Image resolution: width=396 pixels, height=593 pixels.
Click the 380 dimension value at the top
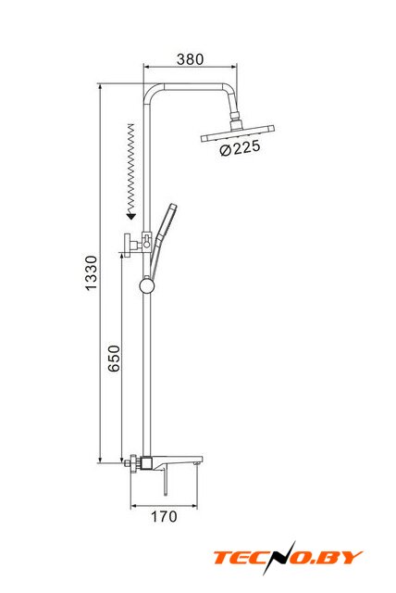[190, 59]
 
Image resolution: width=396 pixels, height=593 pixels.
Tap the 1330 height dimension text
[91, 272]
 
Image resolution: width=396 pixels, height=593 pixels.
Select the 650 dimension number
[114, 359]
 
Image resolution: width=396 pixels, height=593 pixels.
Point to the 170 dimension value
[164, 516]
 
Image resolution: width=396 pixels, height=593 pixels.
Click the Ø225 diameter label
[240, 148]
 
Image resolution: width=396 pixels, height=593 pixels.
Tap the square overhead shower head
[237, 133]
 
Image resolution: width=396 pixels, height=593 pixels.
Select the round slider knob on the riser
[147, 285]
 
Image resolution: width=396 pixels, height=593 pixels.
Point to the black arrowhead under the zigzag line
[130, 216]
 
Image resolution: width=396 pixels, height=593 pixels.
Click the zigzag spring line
[131, 168]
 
